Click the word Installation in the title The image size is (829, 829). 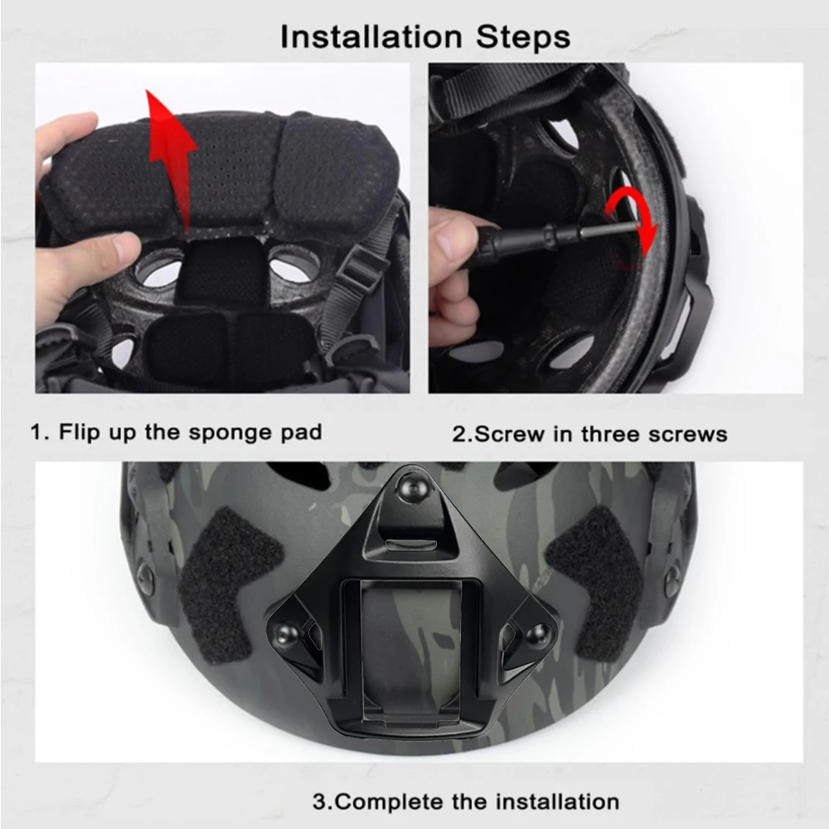pyautogui.click(x=371, y=37)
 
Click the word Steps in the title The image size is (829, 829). pyautogui.click(x=523, y=37)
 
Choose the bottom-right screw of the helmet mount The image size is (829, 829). pyautogui.click(x=538, y=632)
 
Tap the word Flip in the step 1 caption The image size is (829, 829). pyautogui.click(x=80, y=433)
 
